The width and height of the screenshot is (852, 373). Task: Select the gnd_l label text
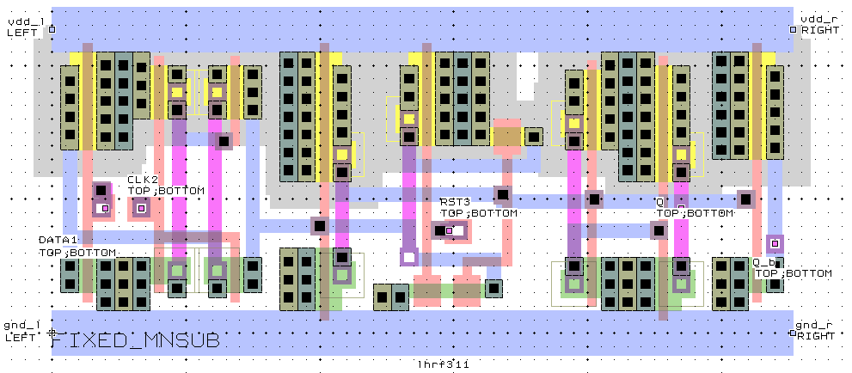(23, 325)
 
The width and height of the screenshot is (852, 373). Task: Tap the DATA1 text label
(58, 241)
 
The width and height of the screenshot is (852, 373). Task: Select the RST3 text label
(456, 202)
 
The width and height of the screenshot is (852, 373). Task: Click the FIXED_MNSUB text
(135, 341)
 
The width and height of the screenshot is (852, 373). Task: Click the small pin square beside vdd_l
(52, 29)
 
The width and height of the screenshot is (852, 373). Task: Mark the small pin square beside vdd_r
(793, 29)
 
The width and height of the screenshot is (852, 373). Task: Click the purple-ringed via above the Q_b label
(775, 244)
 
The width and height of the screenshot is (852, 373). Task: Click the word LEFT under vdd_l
(21, 31)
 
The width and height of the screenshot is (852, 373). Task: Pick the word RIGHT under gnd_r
(816, 336)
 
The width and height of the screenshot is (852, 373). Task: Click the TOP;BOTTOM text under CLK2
(167, 190)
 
